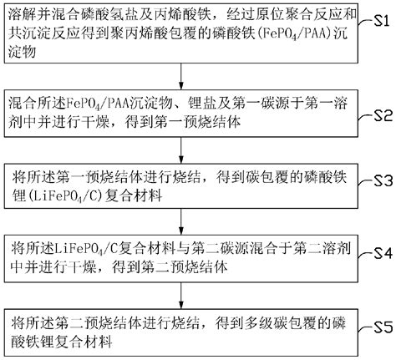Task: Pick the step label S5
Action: [x=382, y=325]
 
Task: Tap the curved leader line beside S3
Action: [x=364, y=182]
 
